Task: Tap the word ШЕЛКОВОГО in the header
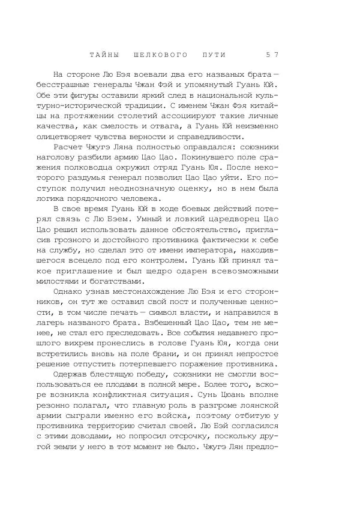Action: pos(161,55)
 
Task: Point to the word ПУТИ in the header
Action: pos(214,55)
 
